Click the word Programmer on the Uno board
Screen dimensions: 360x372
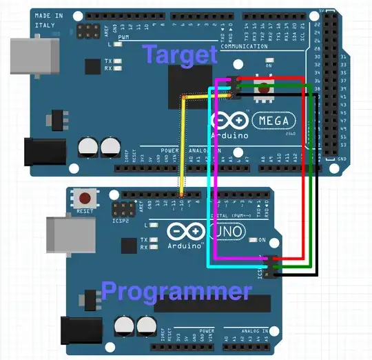(x=176, y=291)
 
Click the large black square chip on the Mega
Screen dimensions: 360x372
(x=193, y=89)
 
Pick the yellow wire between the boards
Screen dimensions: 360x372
(x=182, y=145)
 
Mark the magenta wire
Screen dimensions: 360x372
(x=216, y=172)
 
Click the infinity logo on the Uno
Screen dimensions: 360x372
(x=179, y=231)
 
